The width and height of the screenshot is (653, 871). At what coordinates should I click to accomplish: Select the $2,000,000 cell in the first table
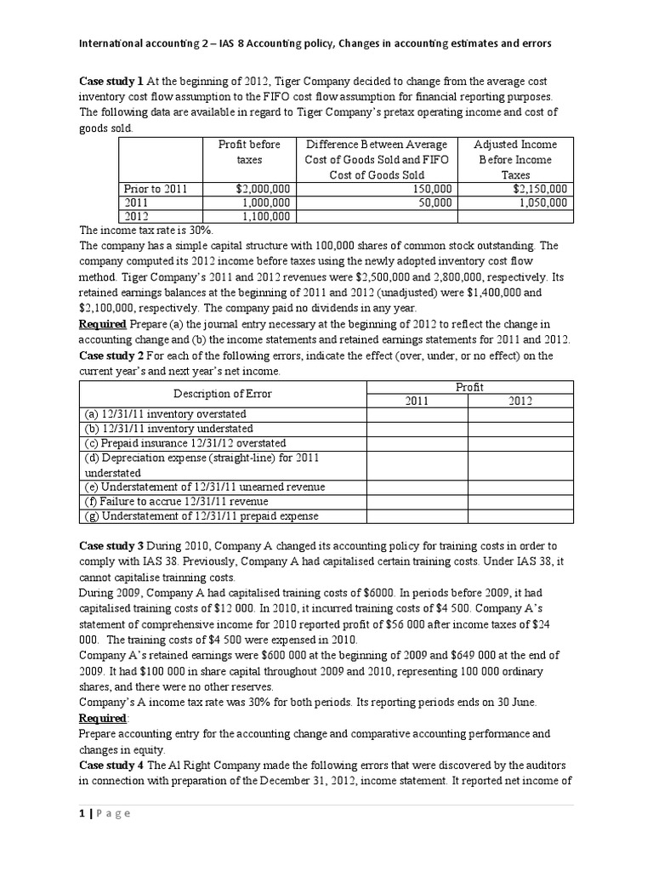(263, 189)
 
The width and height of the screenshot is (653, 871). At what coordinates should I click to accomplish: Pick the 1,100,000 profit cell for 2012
(265, 217)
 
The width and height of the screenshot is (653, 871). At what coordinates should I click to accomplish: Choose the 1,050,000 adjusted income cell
(541, 203)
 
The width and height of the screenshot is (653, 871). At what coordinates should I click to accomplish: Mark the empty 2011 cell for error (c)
(417, 443)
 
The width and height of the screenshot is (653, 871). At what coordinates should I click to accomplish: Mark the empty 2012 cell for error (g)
(520, 515)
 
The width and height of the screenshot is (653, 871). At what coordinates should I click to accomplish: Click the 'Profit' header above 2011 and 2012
(469, 387)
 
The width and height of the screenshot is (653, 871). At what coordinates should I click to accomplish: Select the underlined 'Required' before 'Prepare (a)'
(103, 324)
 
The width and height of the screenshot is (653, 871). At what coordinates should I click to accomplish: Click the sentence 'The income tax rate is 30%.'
(145, 231)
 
